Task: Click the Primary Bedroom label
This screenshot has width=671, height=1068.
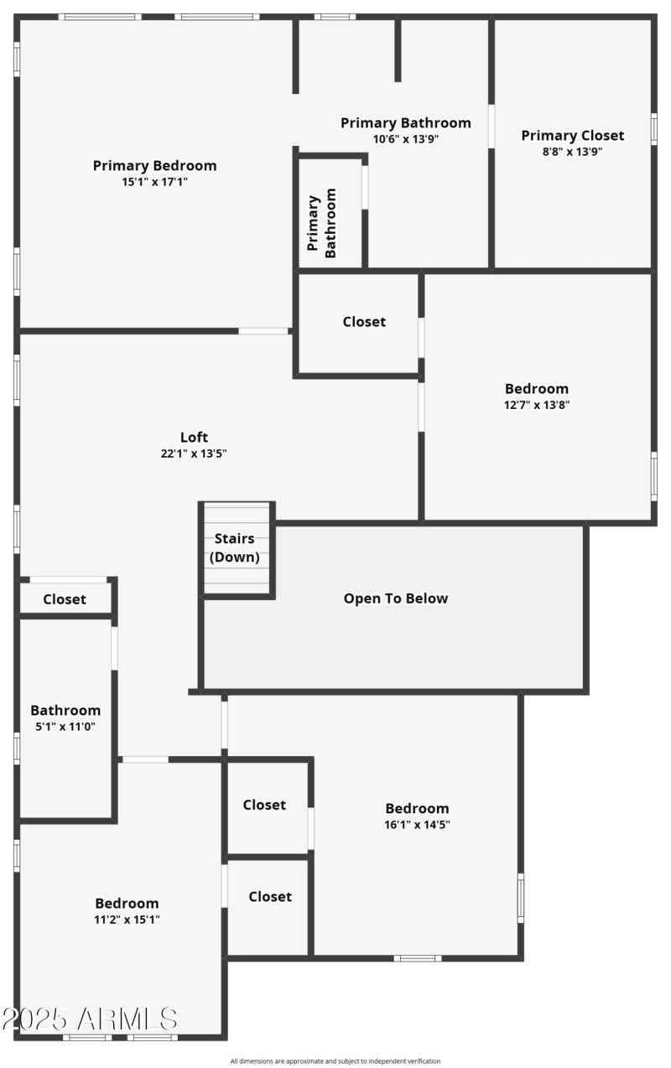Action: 154,165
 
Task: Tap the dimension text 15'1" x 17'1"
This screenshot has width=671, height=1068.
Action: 154,181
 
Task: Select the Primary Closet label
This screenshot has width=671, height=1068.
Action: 573,136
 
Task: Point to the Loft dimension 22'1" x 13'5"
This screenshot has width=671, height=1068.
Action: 195,454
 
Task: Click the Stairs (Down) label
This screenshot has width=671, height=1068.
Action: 235,547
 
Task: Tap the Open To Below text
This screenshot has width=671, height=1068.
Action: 396,599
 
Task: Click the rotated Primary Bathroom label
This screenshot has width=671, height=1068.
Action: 322,223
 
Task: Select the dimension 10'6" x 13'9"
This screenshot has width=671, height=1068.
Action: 406,139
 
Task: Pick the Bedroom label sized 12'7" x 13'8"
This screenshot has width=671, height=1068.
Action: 537,388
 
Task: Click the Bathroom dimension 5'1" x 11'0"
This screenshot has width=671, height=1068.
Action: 65,726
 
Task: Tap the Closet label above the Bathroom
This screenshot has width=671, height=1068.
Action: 65,599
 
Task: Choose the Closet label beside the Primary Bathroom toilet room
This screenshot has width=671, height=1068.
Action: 364,322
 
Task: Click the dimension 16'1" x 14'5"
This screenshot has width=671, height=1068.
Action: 417,824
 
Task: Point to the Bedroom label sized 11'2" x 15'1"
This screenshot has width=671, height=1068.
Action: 127,903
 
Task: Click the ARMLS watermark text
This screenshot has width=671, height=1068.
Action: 90,1019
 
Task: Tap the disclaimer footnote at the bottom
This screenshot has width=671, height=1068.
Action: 335,1061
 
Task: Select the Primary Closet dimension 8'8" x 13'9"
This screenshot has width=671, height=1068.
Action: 573,152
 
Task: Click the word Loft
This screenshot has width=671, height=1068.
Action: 195,437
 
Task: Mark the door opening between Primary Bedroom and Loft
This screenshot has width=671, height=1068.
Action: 263,331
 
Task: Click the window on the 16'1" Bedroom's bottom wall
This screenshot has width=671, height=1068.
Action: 418,957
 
